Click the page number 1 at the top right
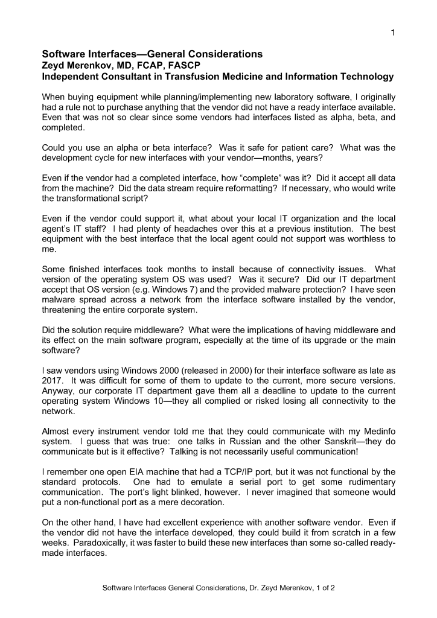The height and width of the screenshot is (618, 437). click(x=393, y=33)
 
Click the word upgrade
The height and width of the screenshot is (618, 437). click(x=318, y=340)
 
